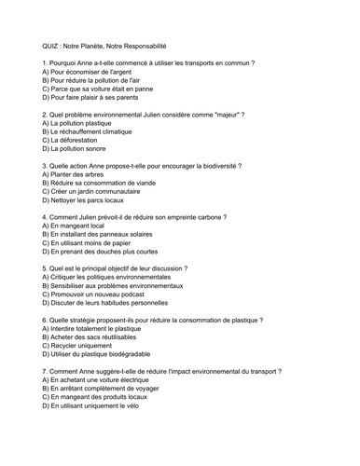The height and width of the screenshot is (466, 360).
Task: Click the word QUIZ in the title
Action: [x=52, y=45]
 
